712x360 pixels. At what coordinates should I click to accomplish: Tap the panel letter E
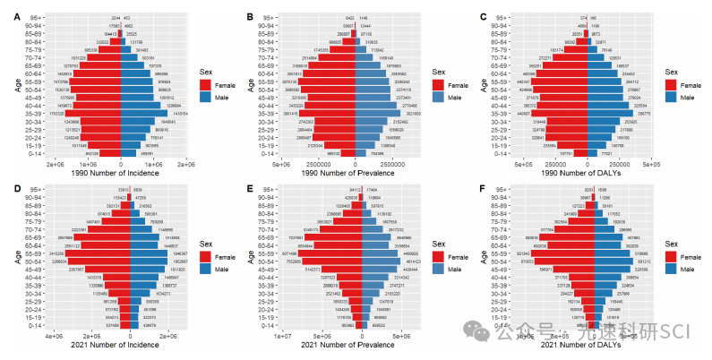coord(247,188)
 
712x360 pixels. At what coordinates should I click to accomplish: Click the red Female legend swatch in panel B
coord(438,84)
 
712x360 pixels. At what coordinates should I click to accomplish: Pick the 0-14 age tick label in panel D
coord(31,325)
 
